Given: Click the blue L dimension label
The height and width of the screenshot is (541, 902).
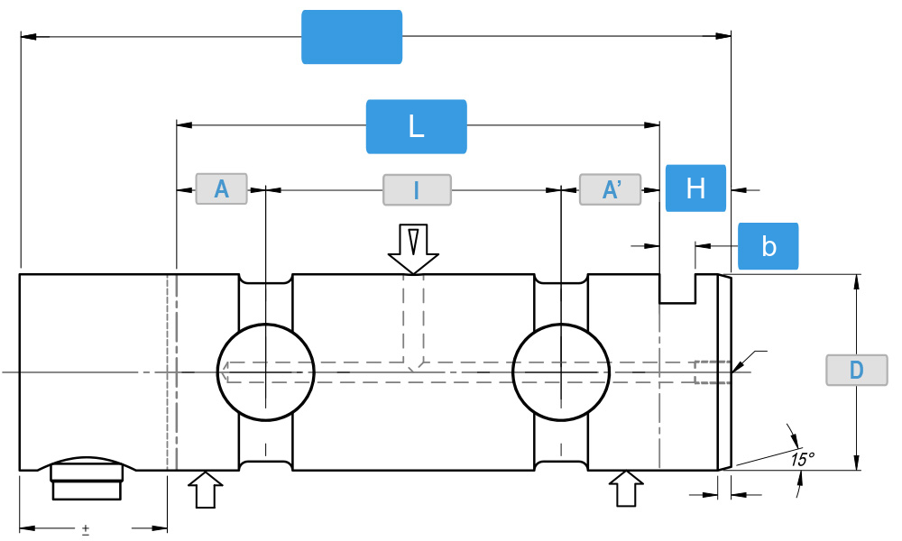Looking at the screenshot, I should click(416, 126).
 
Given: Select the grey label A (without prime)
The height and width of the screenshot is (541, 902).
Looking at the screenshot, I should click(221, 189).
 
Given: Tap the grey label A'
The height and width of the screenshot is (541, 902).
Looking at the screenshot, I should click(610, 189).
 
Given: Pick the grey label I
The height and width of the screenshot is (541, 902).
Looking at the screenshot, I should click(416, 189).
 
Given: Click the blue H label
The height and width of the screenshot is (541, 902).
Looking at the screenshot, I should click(695, 188).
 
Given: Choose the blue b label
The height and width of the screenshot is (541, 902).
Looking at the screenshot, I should click(769, 246).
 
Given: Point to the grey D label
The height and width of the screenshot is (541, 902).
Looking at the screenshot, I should click(856, 370).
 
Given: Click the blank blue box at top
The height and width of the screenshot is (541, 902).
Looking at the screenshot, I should click(352, 37).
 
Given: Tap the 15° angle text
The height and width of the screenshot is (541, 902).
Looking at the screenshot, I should click(802, 458).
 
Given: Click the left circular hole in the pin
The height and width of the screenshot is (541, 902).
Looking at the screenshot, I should click(266, 371).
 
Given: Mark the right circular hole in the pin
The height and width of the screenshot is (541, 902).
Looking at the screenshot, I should click(561, 371).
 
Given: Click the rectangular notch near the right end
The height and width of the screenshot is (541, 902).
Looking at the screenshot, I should click(677, 289).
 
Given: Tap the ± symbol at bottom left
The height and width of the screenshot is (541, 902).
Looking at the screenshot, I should click(86, 529).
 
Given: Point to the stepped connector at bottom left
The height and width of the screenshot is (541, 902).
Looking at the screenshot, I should click(87, 480).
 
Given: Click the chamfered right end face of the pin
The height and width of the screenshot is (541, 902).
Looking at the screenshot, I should click(724, 371).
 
